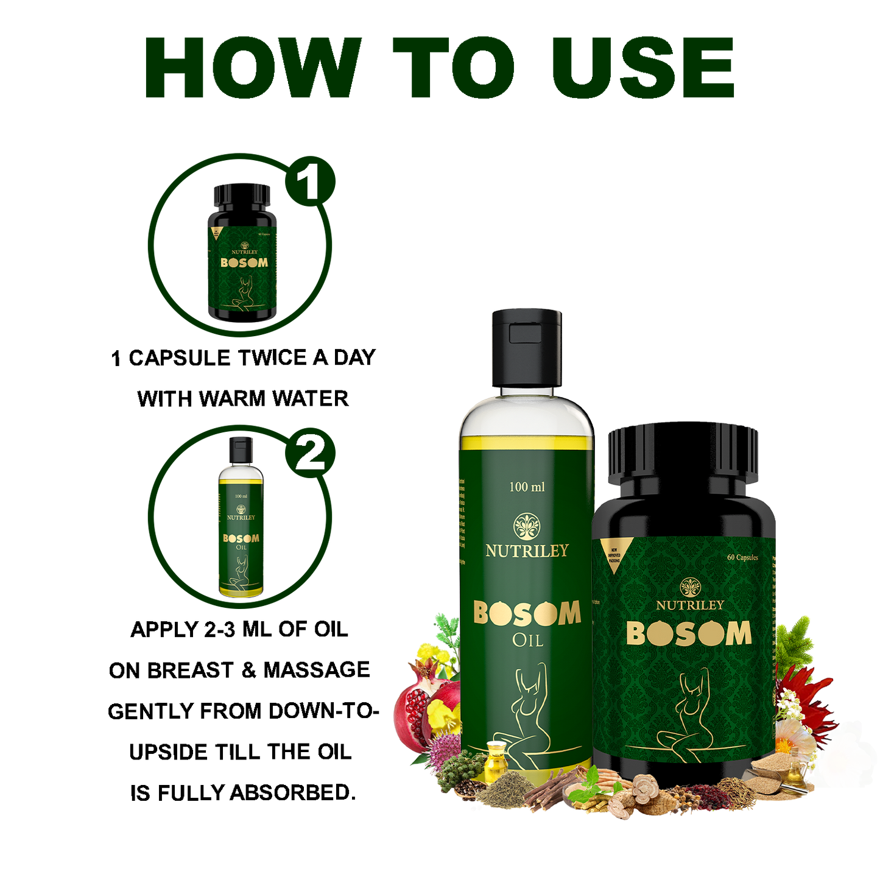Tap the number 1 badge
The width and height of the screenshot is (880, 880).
(309, 181)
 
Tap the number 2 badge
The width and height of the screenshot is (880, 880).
(310, 453)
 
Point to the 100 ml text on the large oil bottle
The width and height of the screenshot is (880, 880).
(527, 487)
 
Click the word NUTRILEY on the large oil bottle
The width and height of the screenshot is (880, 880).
(527, 551)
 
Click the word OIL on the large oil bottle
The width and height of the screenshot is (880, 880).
(527, 641)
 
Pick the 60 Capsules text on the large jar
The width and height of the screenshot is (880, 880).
(742, 557)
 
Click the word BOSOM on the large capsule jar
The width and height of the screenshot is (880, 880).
(689, 634)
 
